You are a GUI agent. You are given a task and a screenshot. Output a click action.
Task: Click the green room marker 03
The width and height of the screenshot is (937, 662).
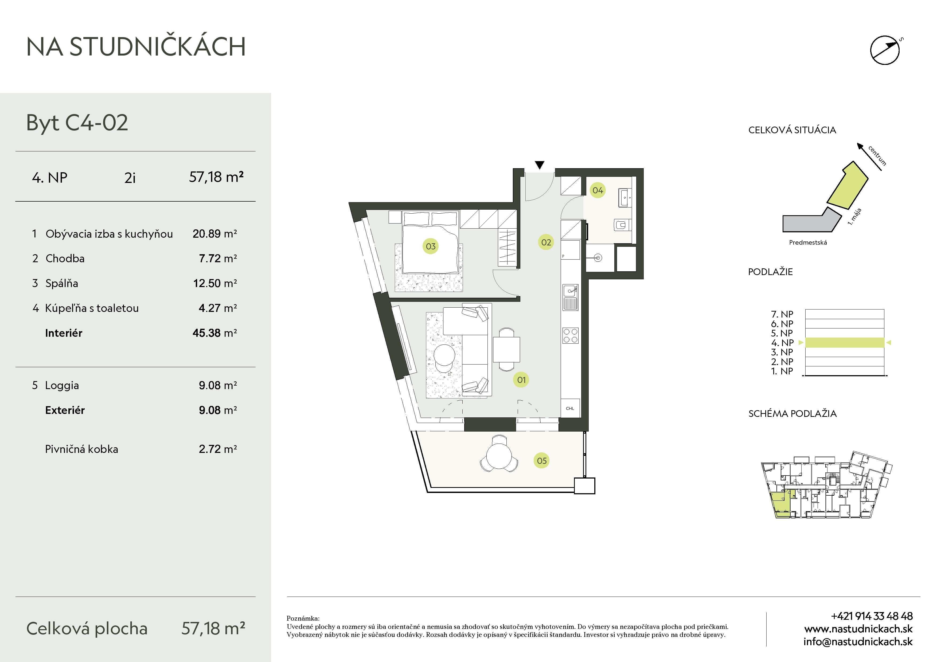point(431,246)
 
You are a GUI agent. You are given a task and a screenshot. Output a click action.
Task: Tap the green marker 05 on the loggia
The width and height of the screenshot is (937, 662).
point(541,461)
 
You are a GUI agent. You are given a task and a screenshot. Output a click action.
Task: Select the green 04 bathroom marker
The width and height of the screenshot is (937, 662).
point(598,190)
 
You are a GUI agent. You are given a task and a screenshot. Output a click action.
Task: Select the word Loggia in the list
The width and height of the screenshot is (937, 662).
point(62,385)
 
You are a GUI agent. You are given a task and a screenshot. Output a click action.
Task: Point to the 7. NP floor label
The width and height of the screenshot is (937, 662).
point(782,314)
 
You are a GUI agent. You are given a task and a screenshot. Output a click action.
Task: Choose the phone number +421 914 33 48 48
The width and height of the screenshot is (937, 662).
point(872,616)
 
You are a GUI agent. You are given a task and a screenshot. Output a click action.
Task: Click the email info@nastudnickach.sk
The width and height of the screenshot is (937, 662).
point(858,642)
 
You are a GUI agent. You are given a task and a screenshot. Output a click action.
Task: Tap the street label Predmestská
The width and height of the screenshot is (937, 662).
point(808,242)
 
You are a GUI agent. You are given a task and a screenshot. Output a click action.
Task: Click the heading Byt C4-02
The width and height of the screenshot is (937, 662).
point(77,123)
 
